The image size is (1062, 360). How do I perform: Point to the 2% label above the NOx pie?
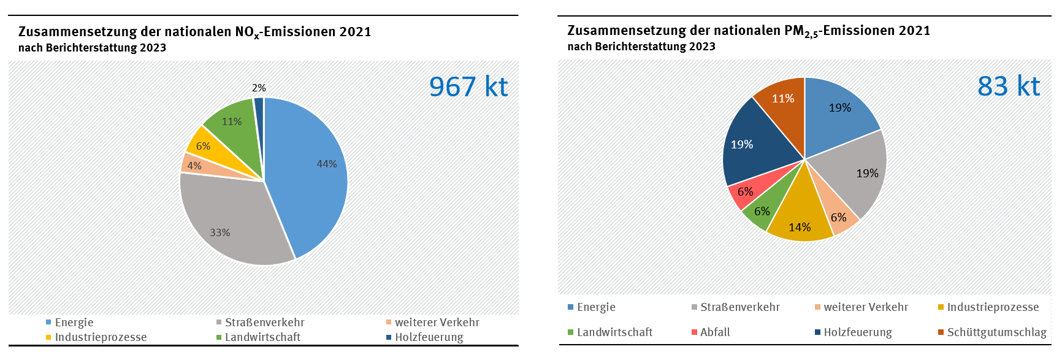(259, 88)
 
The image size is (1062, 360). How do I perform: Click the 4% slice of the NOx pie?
(193, 164)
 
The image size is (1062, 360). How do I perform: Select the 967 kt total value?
(468, 87)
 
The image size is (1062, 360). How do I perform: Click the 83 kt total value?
(1009, 86)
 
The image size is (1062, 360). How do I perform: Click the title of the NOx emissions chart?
(194, 32)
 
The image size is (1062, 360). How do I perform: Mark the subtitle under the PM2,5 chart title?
(641, 47)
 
